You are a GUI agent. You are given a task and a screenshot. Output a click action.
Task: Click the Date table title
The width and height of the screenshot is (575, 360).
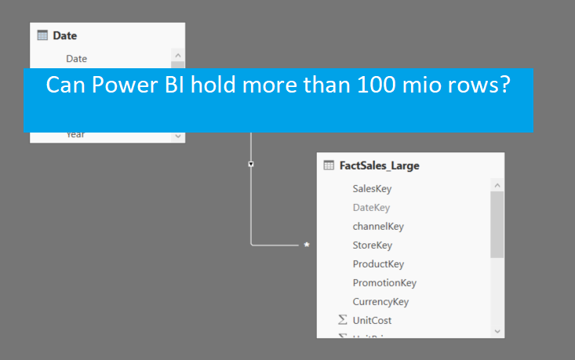[65, 35]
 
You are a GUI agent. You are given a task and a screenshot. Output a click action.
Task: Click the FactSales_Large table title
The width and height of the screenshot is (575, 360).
[379, 165]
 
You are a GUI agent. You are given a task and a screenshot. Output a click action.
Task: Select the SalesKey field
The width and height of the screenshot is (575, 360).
[372, 188]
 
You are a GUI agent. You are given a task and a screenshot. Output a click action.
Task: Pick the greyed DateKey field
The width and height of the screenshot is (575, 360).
[371, 207]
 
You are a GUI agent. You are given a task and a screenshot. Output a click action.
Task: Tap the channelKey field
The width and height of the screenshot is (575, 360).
[378, 226]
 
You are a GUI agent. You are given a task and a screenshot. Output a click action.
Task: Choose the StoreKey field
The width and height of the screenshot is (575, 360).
[372, 245]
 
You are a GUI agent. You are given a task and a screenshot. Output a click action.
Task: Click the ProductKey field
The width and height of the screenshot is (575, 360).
[378, 264]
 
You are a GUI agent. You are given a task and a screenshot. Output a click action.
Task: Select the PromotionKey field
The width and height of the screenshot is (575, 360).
[384, 282]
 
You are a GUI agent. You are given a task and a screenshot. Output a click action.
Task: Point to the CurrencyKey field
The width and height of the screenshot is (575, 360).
[380, 301]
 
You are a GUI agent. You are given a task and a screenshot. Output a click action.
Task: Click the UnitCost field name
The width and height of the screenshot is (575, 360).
[372, 320]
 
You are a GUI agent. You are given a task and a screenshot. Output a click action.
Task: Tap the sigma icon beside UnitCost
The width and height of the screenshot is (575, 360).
[342, 320]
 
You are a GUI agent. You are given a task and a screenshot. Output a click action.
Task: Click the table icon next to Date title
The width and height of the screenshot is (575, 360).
[43, 35]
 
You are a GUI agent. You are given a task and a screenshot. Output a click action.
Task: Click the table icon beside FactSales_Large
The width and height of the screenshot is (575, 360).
[329, 165]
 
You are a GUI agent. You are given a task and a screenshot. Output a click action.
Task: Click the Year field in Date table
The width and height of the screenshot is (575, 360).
[75, 135]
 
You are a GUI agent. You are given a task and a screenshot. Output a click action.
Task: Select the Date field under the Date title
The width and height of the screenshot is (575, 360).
[76, 58]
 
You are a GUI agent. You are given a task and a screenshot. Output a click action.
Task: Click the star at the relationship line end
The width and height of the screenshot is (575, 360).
[307, 245]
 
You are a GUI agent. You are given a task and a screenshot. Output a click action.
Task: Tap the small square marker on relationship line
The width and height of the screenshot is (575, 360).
[250, 164]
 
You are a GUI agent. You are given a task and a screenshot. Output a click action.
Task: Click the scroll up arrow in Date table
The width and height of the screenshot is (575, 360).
[178, 56]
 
